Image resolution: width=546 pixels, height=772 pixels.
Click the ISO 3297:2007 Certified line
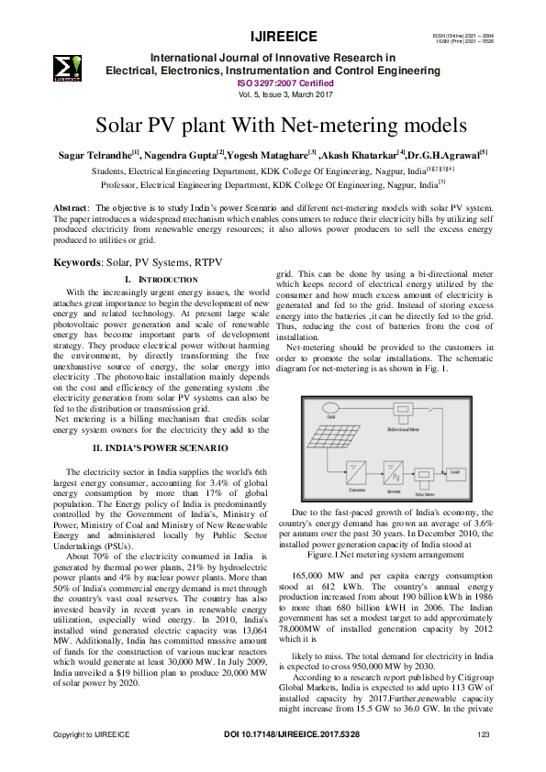[x=273, y=81]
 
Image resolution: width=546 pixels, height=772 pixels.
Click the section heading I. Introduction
[x=161, y=279]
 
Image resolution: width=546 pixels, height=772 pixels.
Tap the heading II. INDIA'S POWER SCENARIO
[x=161, y=447]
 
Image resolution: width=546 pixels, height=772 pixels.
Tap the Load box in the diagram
[x=454, y=474]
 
